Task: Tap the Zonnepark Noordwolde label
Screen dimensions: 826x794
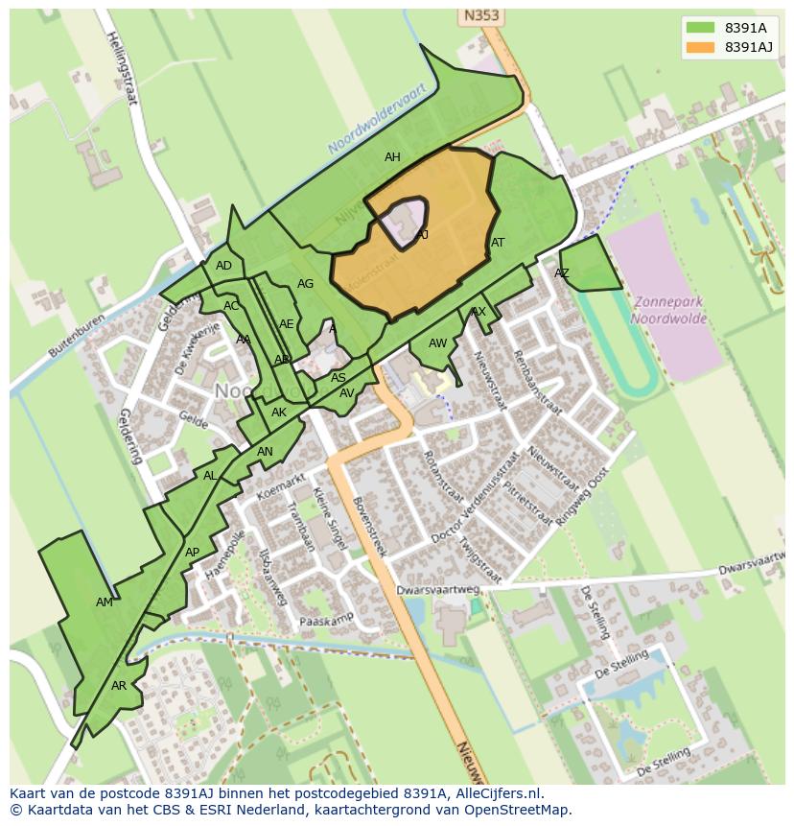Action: (668, 310)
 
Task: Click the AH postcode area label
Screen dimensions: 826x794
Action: (392, 157)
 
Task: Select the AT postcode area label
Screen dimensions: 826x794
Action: (498, 243)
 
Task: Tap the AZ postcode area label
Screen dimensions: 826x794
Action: (562, 273)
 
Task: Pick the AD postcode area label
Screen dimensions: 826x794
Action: (223, 266)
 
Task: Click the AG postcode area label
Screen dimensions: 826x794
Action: (305, 284)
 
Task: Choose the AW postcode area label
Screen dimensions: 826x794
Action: (437, 343)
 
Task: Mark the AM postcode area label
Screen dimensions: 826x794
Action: (105, 602)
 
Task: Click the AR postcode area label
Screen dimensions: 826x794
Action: (119, 686)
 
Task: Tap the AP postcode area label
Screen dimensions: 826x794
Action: (192, 552)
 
